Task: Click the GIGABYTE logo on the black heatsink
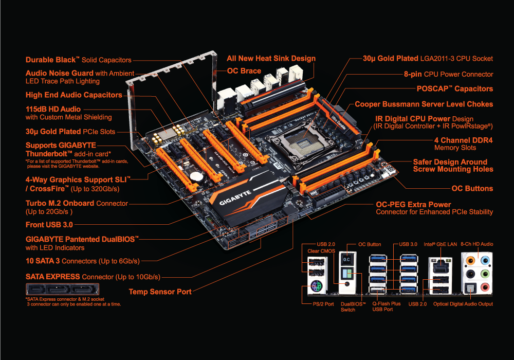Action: [235, 197]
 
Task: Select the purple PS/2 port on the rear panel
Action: [316, 287]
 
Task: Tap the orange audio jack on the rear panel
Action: [470, 261]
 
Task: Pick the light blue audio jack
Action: [485, 261]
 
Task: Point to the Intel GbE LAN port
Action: [440, 266]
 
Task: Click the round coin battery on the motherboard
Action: [196, 177]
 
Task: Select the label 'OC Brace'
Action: [244, 71]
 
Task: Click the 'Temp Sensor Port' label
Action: [160, 292]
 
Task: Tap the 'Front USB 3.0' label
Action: [49, 225]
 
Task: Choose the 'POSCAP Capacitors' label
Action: [455, 89]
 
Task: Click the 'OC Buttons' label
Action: [472, 189]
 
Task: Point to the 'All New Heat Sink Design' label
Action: [271, 58]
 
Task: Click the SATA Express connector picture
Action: [62, 289]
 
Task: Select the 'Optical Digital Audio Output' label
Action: [463, 304]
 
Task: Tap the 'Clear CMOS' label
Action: [321, 251]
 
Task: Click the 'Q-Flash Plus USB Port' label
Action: [386, 307]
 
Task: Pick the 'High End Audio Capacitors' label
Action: [74, 95]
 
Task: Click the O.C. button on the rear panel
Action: [346, 259]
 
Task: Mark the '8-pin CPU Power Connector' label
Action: [448, 75]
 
